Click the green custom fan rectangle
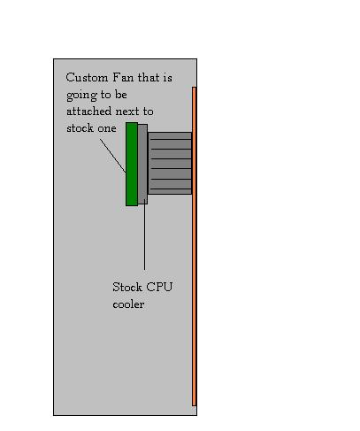pos(132,164)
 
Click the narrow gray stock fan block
pos(142,164)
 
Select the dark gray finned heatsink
pos(170,163)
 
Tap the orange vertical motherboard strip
pos(194,246)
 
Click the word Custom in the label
pos(87,78)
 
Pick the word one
pos(107,129)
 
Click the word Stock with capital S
pos(127,287)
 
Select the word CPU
pos(159,287)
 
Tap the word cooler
pos(128,304)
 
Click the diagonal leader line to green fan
pos(113,156)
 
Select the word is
pos(168,78)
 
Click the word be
pos(121,95)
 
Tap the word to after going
pos(105,96)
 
